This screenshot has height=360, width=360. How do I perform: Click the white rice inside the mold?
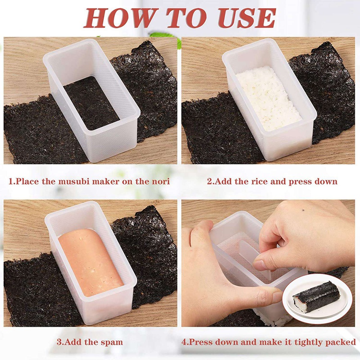click(x=268, y=98)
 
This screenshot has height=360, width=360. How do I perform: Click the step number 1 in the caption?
click(x=11, y=181)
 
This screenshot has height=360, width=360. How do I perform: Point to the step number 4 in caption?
click(x=184, y=342)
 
